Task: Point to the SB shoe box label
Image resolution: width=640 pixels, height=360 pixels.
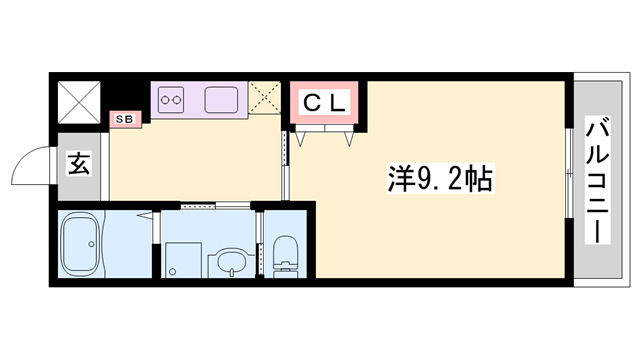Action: coord(126,119)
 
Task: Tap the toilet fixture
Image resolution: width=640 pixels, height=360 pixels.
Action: coord(286,255)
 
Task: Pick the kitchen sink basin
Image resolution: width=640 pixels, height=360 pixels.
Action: coord(221,99)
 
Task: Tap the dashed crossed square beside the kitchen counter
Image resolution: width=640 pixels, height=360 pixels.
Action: coord(265,99)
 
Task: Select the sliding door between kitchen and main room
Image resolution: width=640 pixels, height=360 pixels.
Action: coord(285,160)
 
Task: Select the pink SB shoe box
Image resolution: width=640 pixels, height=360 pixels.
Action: coord(126,119)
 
